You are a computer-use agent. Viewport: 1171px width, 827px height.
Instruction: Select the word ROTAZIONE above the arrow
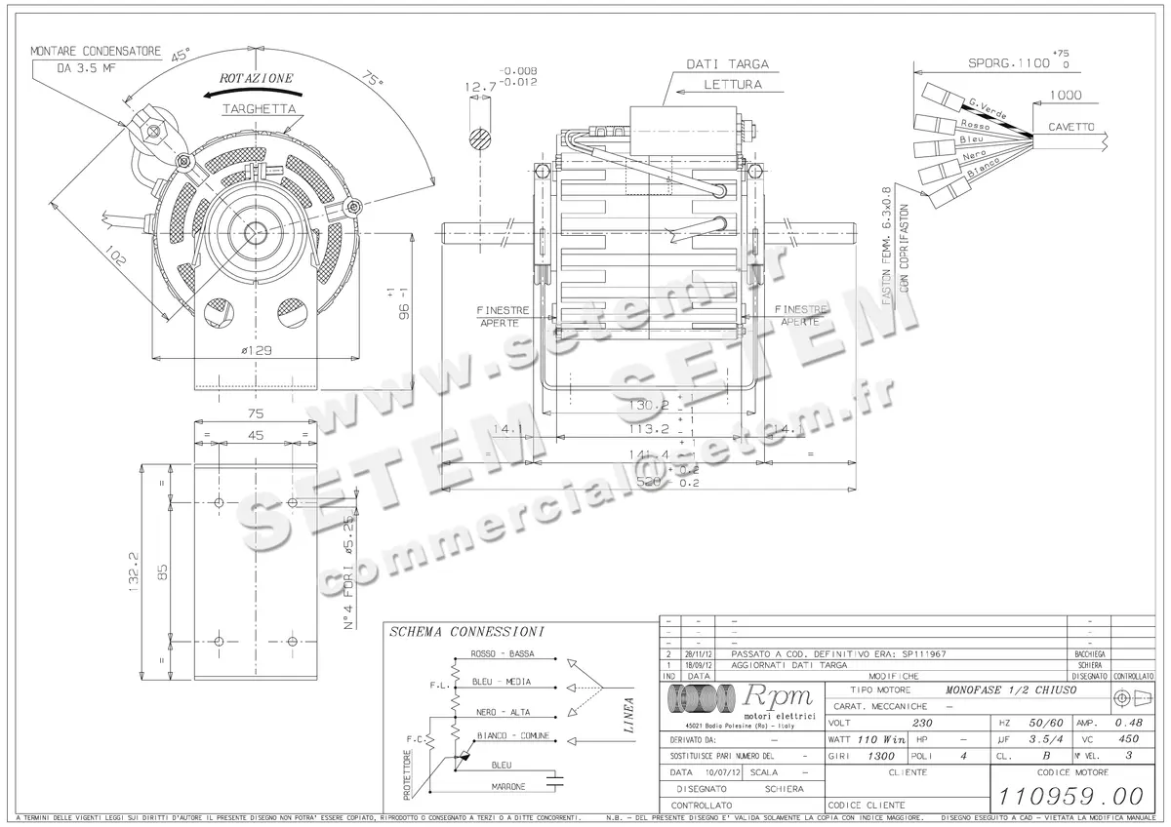(x=256, y=77)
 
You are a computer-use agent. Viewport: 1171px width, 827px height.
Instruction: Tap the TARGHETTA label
(x=260, y=109)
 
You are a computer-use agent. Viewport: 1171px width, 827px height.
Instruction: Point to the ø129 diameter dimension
(x=256, y=350)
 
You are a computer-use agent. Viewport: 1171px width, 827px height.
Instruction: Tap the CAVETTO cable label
(x=1071, y=128)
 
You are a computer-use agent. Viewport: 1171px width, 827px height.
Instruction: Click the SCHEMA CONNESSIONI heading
(x=466, y=632)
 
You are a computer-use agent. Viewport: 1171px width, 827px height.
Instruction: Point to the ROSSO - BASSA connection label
(x=502, y=653)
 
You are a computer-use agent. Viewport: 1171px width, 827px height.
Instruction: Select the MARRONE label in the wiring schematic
(x=508, y=786)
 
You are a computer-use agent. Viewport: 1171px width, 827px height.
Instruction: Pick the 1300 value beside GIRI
(x=882, y=756)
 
